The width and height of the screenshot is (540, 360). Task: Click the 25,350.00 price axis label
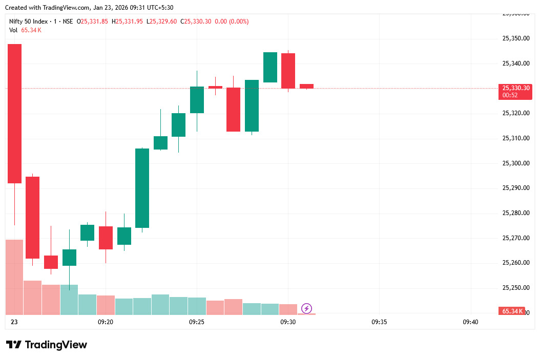[515, 38]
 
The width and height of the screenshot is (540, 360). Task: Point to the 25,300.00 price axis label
[515, 163]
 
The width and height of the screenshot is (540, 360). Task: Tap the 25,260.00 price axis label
[515, 263]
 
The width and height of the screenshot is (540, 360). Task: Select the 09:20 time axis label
[105, 322]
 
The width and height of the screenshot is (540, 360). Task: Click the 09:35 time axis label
[379, 322]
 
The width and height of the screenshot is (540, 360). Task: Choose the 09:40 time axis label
[470, 322]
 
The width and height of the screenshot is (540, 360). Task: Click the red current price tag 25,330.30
[515, 88]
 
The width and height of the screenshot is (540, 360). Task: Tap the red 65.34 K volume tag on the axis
[512, 311]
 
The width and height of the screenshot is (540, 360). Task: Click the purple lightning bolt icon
[306, 308]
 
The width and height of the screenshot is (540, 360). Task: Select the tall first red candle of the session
[14, 113]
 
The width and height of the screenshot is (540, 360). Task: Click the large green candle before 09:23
[142, 188]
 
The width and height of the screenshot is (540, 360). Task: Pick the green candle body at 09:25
[197, 100]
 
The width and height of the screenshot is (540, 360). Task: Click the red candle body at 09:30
[288, 71]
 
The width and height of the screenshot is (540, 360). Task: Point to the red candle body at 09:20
[106, 238]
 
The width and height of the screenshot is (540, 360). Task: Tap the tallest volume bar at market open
[14, 277]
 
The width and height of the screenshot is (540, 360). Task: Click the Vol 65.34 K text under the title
[25, 30]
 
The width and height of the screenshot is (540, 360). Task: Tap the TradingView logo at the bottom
[47, 345]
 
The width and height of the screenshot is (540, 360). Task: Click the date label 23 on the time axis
[14, 322]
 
